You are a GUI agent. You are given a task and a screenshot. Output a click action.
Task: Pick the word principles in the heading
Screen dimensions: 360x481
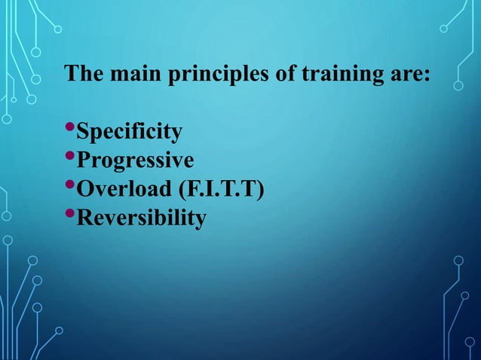(x=200, y=76)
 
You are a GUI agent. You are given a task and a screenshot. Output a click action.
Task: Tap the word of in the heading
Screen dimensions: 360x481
(x=259, y=75)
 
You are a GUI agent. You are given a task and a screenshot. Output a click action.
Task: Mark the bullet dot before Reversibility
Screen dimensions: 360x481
(x=72, y=215)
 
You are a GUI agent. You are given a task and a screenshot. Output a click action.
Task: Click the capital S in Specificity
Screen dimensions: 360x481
(x=85, y=133)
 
